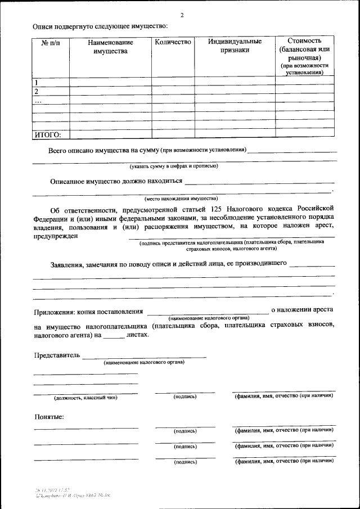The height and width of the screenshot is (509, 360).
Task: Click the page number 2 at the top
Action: pyautogui.click(x=182, y=15)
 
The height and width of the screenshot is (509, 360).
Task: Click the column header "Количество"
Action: pyautogui.click(x=173, y=42)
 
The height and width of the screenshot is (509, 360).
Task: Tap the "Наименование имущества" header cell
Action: pyautogui.click(x=110, y=47)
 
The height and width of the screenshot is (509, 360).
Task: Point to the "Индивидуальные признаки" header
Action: pyautogui.click(x=235, y=46)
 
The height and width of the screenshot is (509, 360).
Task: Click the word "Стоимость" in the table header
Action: pyautogui.click(x=304, y=41)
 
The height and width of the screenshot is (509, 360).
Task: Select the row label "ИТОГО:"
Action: pyautogui.click(x=48, y=134)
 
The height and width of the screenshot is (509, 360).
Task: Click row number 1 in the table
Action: pyautogui.click(x=37, y=83)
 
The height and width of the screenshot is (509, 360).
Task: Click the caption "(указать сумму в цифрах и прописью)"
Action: pyautogui.click(x=174, y=166)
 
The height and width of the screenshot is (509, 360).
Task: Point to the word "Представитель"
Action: pyautogui.click(x=57, y=355)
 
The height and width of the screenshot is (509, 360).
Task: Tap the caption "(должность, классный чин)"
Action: pyautogui.click(x=85, y=398)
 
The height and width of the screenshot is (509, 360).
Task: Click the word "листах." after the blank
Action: pyautogui.click(x=138, y=335)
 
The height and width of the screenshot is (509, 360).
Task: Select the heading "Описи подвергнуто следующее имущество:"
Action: pyautogui.click(x=100, y=26)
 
